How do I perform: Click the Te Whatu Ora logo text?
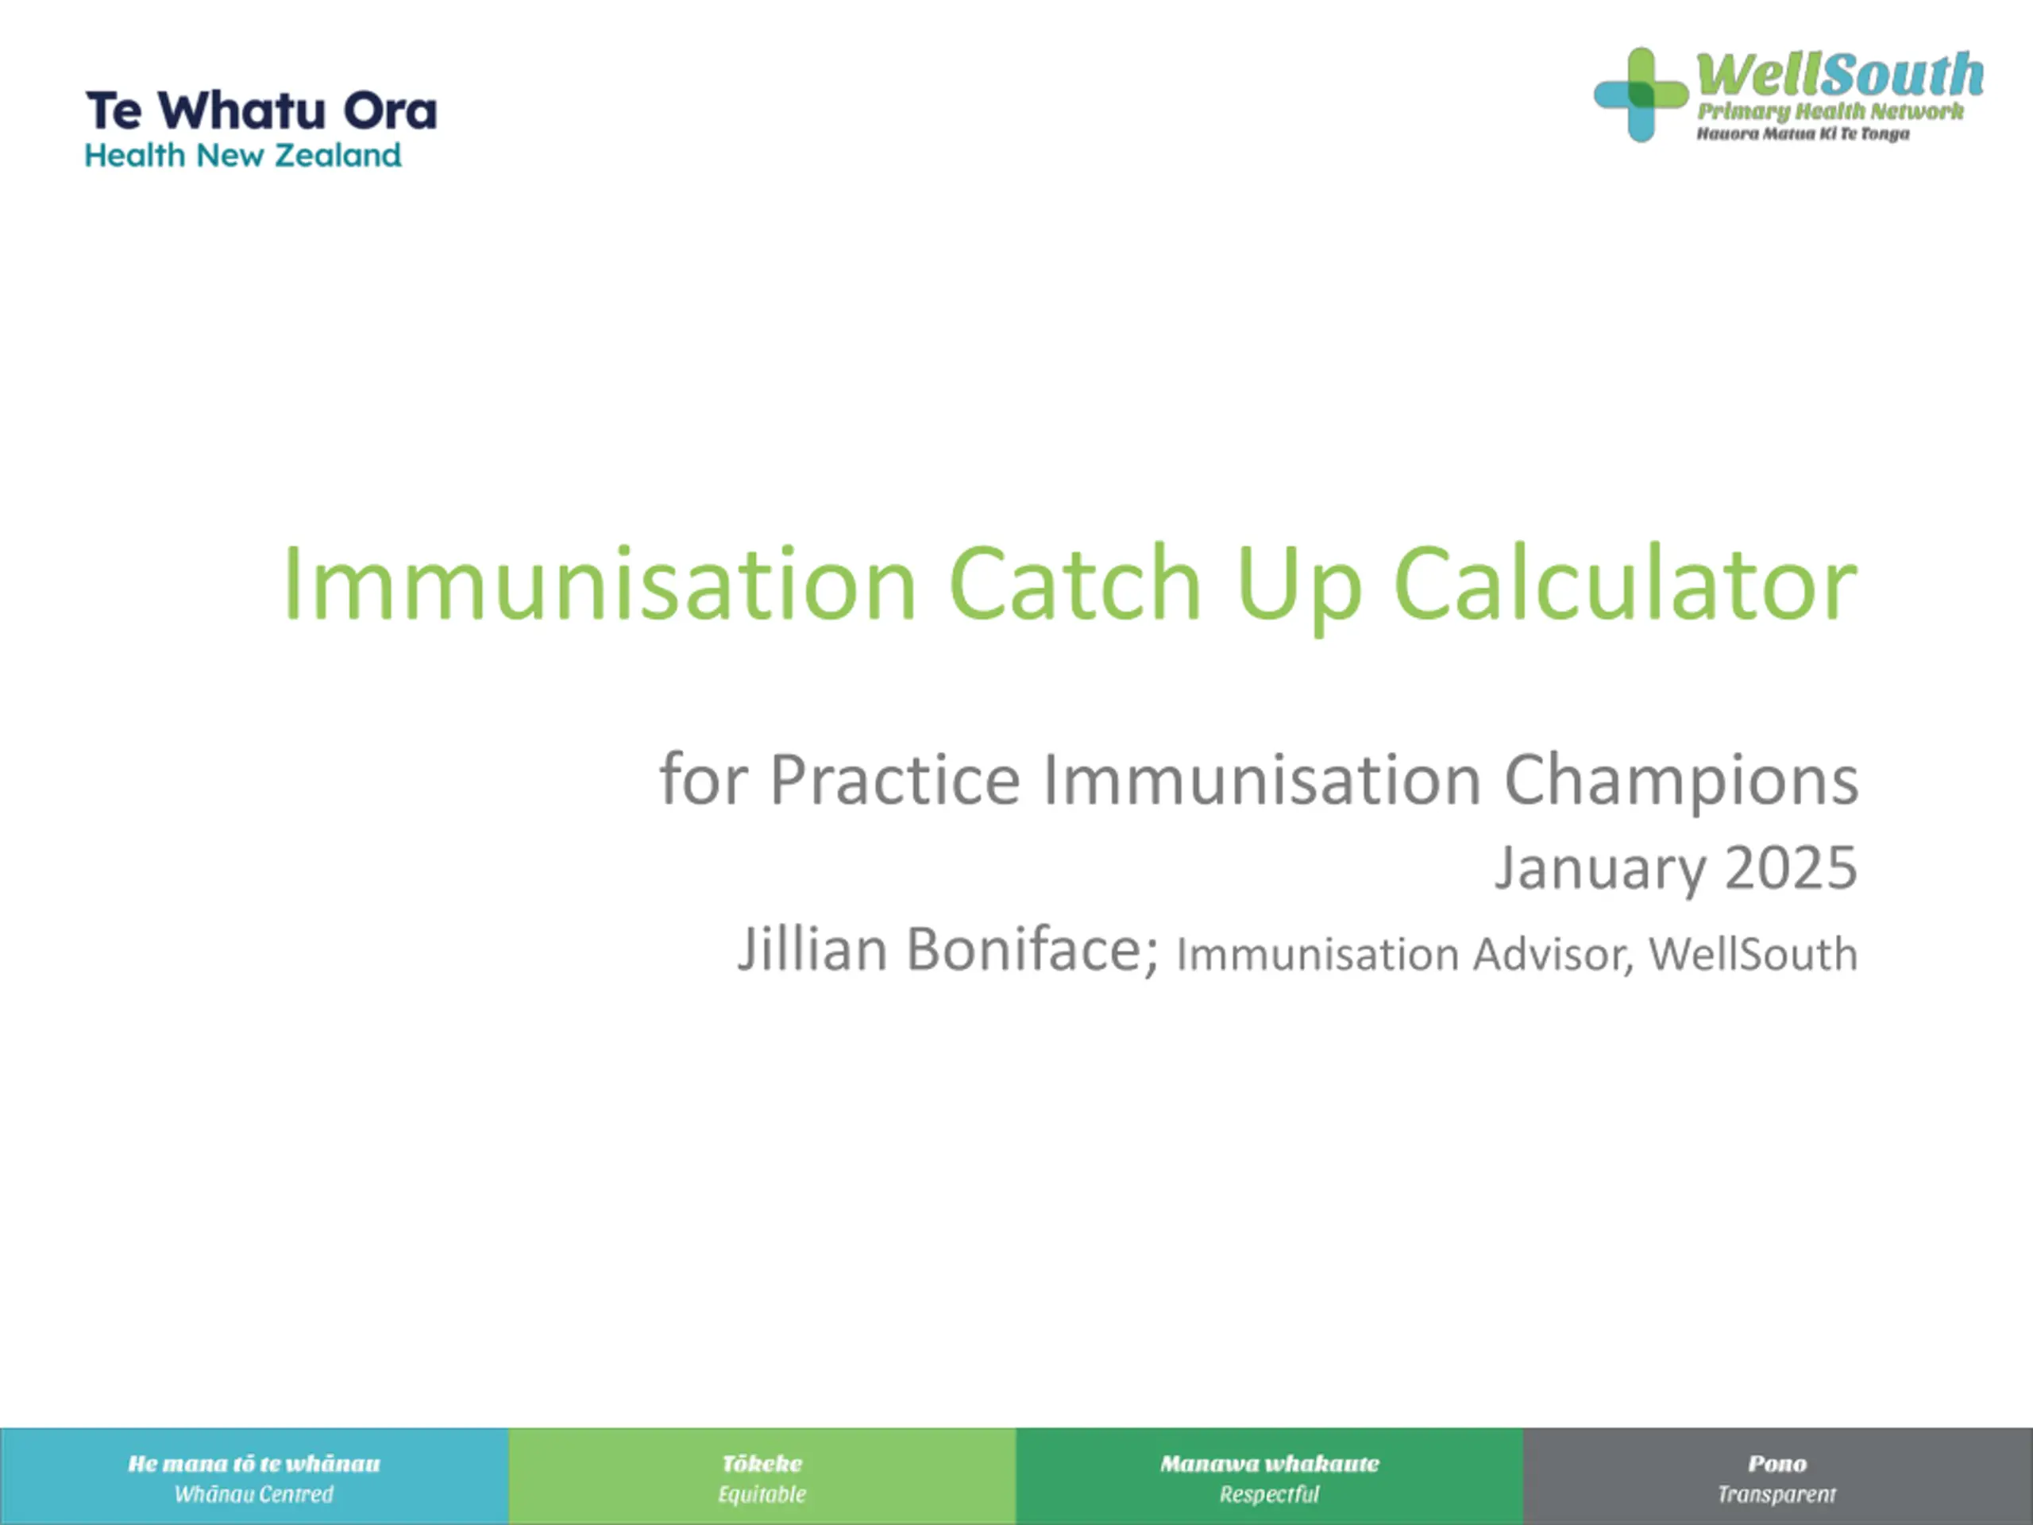[262, 111]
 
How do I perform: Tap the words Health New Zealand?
[244, 156]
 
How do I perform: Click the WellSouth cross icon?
[1641, 95]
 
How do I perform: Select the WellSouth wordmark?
[1839, 74]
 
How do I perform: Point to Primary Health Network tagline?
[1830, 112]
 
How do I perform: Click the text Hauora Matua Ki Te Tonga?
[1803, 134]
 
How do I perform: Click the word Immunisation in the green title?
[600, 584]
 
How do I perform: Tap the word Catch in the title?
[1075, 584]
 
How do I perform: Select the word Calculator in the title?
[1626, 584]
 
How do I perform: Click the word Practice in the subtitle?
[894, 779]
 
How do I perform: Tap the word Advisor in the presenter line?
[1553, 954]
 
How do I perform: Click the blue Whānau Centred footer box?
[255, 1477]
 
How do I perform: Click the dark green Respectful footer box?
[1270, 1477]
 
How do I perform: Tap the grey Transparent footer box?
[1778, 1477]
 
